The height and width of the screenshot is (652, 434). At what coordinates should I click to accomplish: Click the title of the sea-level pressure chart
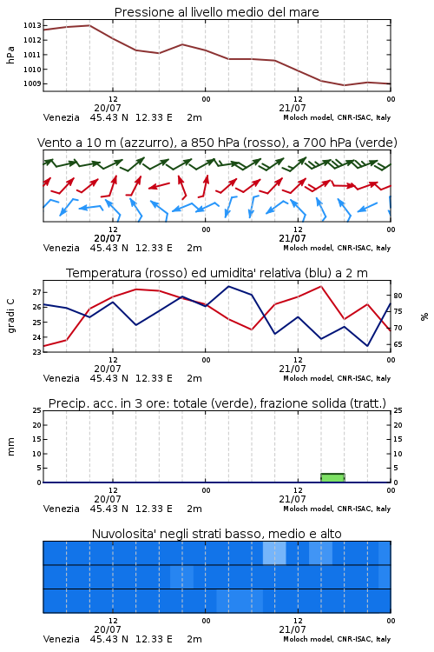[216, 12]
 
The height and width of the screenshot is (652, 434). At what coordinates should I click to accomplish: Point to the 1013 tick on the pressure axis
[32, 25]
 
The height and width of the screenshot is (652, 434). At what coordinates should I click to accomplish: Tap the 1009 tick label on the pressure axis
[32, 83]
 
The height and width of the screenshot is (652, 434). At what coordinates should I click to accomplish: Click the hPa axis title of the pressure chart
[10, 55]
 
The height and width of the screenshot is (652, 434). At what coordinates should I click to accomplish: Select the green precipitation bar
[332, 478]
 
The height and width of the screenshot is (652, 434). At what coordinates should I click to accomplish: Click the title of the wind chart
[217, 143]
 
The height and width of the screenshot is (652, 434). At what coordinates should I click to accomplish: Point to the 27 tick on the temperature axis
[36, 292]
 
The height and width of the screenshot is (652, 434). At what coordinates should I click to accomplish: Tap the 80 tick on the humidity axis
[398, 296]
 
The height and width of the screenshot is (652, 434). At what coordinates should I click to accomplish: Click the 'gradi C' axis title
[11, 316]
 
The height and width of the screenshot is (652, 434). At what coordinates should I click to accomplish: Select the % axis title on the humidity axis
[424, 316]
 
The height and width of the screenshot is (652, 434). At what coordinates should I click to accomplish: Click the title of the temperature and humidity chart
[217, 273]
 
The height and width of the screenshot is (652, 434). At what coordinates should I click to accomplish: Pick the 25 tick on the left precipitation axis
[36, 410]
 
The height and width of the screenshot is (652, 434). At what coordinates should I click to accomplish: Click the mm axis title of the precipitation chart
[10, 447]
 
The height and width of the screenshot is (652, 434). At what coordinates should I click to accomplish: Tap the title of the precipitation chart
[217, 403]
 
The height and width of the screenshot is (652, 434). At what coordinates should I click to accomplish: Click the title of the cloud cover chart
[216, 534]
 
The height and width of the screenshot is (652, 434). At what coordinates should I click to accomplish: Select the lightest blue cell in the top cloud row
[274, 553]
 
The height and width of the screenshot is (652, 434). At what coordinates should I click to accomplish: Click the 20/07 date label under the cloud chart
[108, 629]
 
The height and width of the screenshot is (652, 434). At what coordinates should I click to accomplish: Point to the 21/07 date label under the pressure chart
[293, 108]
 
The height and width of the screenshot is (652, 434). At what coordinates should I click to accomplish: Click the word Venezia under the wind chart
[61, 248]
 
